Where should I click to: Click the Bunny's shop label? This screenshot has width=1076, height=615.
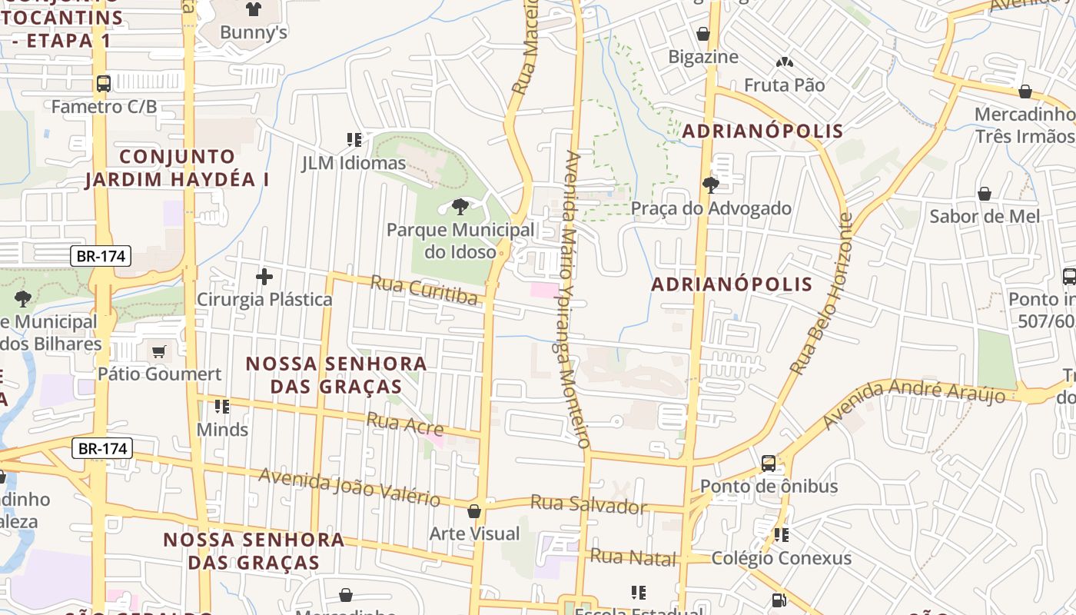pyautogui.click(x=253, y=32)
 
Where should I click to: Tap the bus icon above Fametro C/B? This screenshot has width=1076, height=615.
pyautogui.click(x=103, y=83)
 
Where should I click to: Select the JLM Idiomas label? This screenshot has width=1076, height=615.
pyautogui.click(x=354, y=163)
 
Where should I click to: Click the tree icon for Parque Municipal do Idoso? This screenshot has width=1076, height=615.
pyautogui.click(x=460, y=206)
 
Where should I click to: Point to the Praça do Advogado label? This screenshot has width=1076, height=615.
pyautogui.click(x=711, y=208)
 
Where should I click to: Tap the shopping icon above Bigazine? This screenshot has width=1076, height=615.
pyautogui.click(x=702, y=34)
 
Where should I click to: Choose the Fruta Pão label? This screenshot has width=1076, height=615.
pyautogui.click(x=784, y=85)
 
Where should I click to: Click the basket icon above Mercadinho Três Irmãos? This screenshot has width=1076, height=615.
pyautogui.click(x=1025, y=91)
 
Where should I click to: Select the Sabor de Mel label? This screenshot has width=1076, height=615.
pyautogui.click(x=985, y=216)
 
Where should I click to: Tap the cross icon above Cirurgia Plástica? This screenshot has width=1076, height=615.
pyautogui.click(x=264, y=277)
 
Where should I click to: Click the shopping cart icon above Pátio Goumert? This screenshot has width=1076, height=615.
pyautogui.click(x=159, y=352)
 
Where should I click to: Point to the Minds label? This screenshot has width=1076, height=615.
pyautogui.click(x=222, y=429)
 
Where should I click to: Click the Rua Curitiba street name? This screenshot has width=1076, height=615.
pyautogui.click(x=423, y=291)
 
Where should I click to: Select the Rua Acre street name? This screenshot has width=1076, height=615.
pyautogui.click(x=404, y=423)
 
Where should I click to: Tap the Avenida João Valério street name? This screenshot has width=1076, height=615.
pyautogui.click(x=349, y=487)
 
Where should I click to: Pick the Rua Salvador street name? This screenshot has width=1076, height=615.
pyautogui.click(x=589, y=505)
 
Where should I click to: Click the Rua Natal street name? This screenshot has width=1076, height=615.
pyautogui.click(x=633, y=557)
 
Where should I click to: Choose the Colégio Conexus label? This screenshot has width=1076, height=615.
pyautogui.click(x=781, y=557)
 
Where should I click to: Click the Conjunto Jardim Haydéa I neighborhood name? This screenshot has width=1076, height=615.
pyautogui.click(x=178, y=168)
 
